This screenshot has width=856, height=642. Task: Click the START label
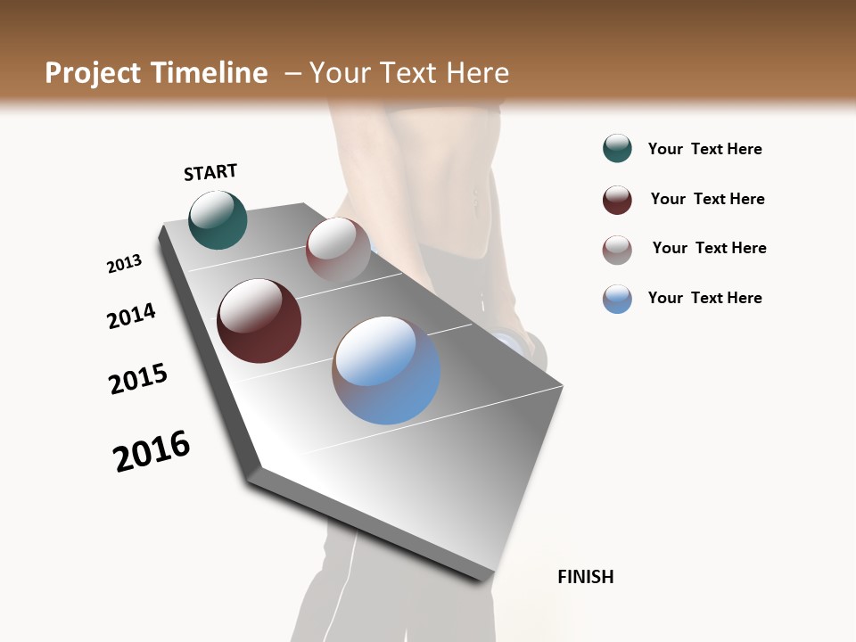click(210, 172)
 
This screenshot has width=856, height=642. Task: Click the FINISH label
click(586, 577)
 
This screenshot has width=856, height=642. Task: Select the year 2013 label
click(125, 264)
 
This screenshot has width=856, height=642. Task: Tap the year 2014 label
click(132, 316)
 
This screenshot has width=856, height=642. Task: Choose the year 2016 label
click(152, 451)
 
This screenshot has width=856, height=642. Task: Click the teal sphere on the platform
click(218, 220)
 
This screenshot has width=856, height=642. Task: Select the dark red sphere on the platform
click(259, 321)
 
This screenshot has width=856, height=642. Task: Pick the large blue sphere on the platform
click(386, 370)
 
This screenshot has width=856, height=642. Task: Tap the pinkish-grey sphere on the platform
click(338, 250)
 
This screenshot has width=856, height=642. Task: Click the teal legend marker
click(617, 149)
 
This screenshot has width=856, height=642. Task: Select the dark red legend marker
click(617, 200)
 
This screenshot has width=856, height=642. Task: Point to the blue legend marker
click(617, 299)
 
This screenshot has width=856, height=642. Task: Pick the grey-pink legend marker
click(617, 250)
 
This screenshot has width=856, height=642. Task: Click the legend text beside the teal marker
click(704, 149)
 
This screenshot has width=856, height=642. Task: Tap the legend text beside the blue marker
click(704, 298)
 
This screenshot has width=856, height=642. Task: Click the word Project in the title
click(94, 73)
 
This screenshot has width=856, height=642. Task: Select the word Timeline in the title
click(210, 73)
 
